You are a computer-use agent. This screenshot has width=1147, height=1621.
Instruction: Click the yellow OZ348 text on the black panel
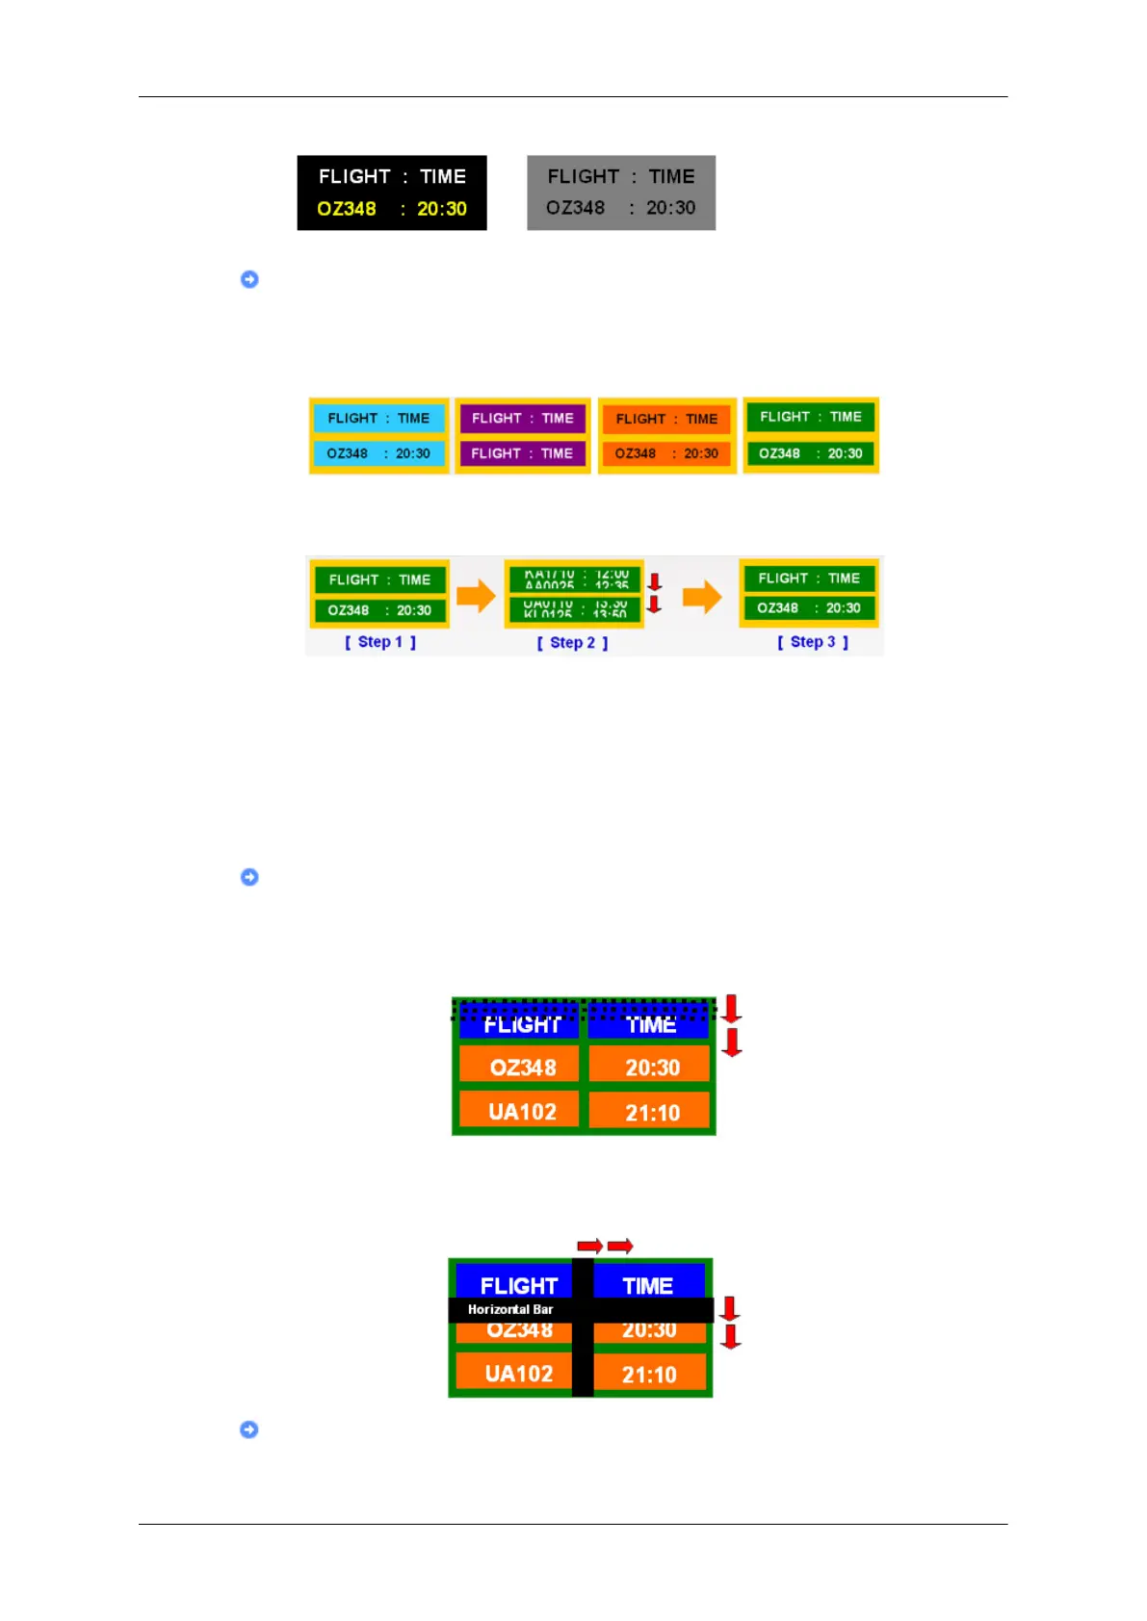(347, 209)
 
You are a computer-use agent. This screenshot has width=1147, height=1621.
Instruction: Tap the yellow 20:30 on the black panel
(442, 209)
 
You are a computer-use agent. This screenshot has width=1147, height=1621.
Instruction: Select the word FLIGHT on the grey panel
(583, 177)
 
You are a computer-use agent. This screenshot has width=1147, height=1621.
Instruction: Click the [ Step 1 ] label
(380, 642)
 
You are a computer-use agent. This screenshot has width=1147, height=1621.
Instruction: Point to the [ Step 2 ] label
(572, 643)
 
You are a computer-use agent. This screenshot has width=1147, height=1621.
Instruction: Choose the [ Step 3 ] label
(813, 642)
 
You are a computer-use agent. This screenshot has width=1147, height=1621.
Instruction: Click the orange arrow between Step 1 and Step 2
(476, 596)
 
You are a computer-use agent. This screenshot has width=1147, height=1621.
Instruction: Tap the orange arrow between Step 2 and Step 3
(702, 596)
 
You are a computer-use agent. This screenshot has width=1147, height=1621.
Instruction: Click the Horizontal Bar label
(510, 1309)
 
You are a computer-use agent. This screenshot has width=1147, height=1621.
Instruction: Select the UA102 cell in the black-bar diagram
(519, 1374)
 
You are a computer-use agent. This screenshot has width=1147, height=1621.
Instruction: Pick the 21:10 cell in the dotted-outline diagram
(652, 1113)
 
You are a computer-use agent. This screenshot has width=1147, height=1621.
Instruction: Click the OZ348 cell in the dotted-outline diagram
(523, 1068)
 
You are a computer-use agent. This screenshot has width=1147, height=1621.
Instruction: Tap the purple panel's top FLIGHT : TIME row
(523, 419)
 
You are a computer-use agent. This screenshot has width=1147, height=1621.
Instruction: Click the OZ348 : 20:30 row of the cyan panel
(378, 453)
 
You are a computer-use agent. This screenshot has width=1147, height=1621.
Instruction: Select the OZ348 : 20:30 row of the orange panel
(666, 453)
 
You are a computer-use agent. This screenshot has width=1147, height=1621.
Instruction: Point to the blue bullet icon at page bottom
(249, 1429)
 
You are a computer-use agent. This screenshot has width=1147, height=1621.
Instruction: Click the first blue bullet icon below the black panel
(249, 279)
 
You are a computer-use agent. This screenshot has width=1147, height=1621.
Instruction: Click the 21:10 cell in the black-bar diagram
(649, 1375)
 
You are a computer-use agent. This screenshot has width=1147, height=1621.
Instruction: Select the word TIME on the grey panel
(671, 177)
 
